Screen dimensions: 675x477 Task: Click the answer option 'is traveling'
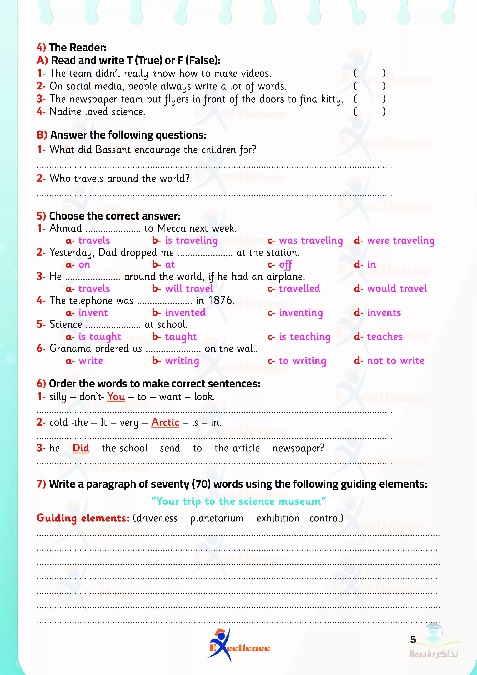[x=191, y=241]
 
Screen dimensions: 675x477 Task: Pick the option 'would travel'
[x=397, y=288]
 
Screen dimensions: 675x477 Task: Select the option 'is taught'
[x=100, y=337]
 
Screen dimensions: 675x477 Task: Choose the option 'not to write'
[x=396, y=361]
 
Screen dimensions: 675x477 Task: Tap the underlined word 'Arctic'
[x=165, y=423]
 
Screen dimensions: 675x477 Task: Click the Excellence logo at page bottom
[x=239, y=646]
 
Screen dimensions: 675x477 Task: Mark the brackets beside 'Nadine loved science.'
[x=369, y=112]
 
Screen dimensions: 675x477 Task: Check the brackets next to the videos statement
[x=369, y=73]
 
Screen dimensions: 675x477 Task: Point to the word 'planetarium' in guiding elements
[x=217, y=518]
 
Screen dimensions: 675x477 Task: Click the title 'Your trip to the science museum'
[x=238, y=501]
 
